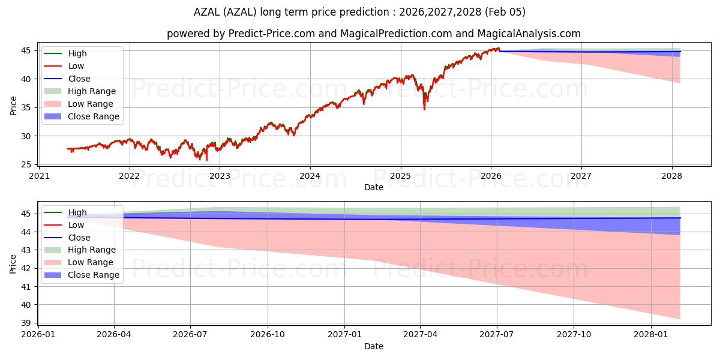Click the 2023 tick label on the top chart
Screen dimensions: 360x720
tap(220, 176)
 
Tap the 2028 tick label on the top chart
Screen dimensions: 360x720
tap(671, 176)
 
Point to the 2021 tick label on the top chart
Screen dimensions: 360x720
tap(39, 176)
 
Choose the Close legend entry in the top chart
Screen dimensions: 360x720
tap(79, 79)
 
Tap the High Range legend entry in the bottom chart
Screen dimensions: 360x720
tap(92, 250)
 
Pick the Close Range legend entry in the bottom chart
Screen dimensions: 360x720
tap(94, 275)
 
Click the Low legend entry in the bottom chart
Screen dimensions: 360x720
tap(76, 225)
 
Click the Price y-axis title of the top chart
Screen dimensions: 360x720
tap(13, 106)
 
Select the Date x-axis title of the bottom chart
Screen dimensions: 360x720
tap(374, 346)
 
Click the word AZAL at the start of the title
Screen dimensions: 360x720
tap(208, 12)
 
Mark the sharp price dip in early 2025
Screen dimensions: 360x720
tap(424, 109)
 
